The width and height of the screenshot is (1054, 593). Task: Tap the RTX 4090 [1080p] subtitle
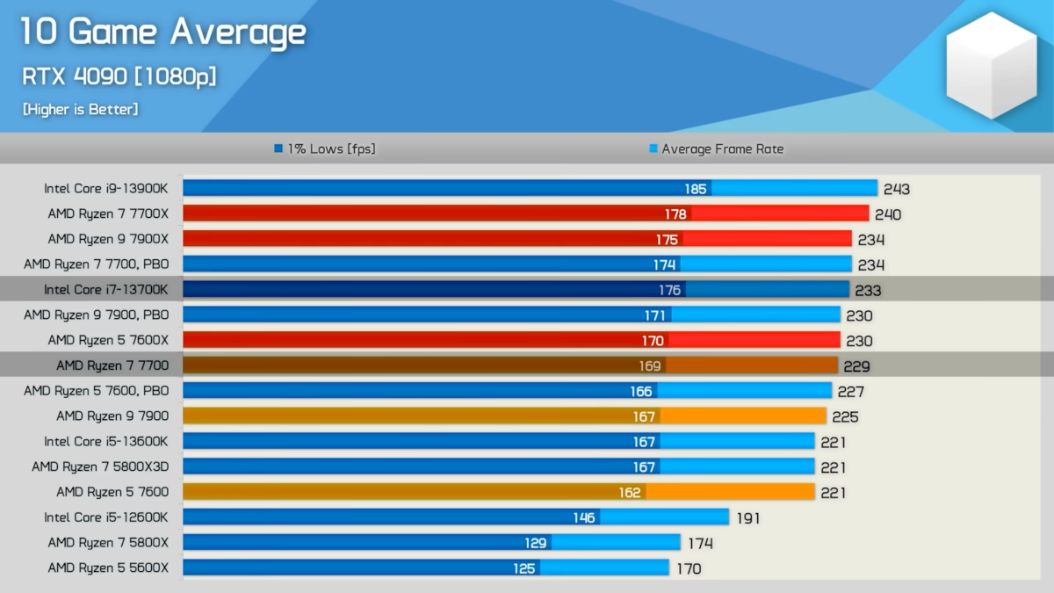(x=119, y=76)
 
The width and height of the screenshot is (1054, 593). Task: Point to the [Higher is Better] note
(x=80, y=110)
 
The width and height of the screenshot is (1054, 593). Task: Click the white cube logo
(x=992, y=65)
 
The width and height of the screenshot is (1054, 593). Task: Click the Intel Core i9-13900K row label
(x=106, y=188)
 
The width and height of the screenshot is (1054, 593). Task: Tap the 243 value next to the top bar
(x=897, y=189)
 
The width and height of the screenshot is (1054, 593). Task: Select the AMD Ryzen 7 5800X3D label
(x=100, y=466)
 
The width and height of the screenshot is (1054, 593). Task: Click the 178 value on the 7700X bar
(x=675, y=214)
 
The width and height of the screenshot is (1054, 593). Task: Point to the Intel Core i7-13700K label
(x=106, y=289)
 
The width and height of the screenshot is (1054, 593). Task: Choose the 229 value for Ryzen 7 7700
(x=857, y=366)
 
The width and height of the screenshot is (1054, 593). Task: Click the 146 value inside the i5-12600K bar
(x=584, y=517)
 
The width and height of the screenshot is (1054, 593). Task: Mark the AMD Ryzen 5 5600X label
(x=108, y=568)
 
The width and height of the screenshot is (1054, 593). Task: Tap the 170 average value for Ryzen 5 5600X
(x=689, y=569)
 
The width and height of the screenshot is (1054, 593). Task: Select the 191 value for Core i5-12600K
(x=747, y=518)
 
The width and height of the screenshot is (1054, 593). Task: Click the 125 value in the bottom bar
(x=524, y=568)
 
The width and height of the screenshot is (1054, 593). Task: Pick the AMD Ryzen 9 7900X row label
(x=108, y=239)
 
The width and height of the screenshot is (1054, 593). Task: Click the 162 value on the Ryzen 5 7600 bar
(x=630, y=492)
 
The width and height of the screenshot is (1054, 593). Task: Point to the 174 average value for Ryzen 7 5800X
(x=700, y=544)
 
